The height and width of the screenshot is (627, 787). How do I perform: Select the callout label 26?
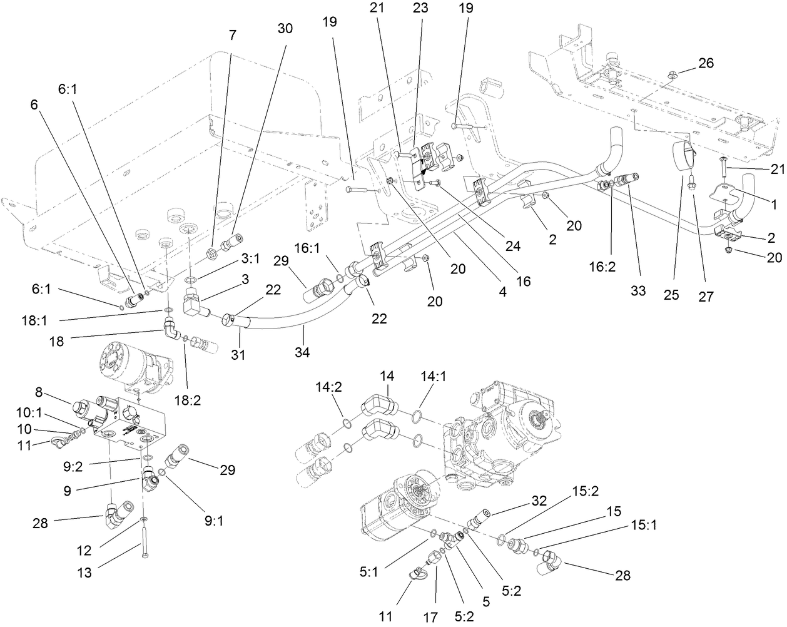pos(705,63)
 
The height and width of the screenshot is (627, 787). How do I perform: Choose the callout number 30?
pos(285,29)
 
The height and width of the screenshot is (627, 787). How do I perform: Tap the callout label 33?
pos(637,291)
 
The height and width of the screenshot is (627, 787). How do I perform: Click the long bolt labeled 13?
pos(144,543)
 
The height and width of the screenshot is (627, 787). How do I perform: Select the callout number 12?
pos(83,551)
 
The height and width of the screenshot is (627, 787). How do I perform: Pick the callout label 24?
pos(513,247)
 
